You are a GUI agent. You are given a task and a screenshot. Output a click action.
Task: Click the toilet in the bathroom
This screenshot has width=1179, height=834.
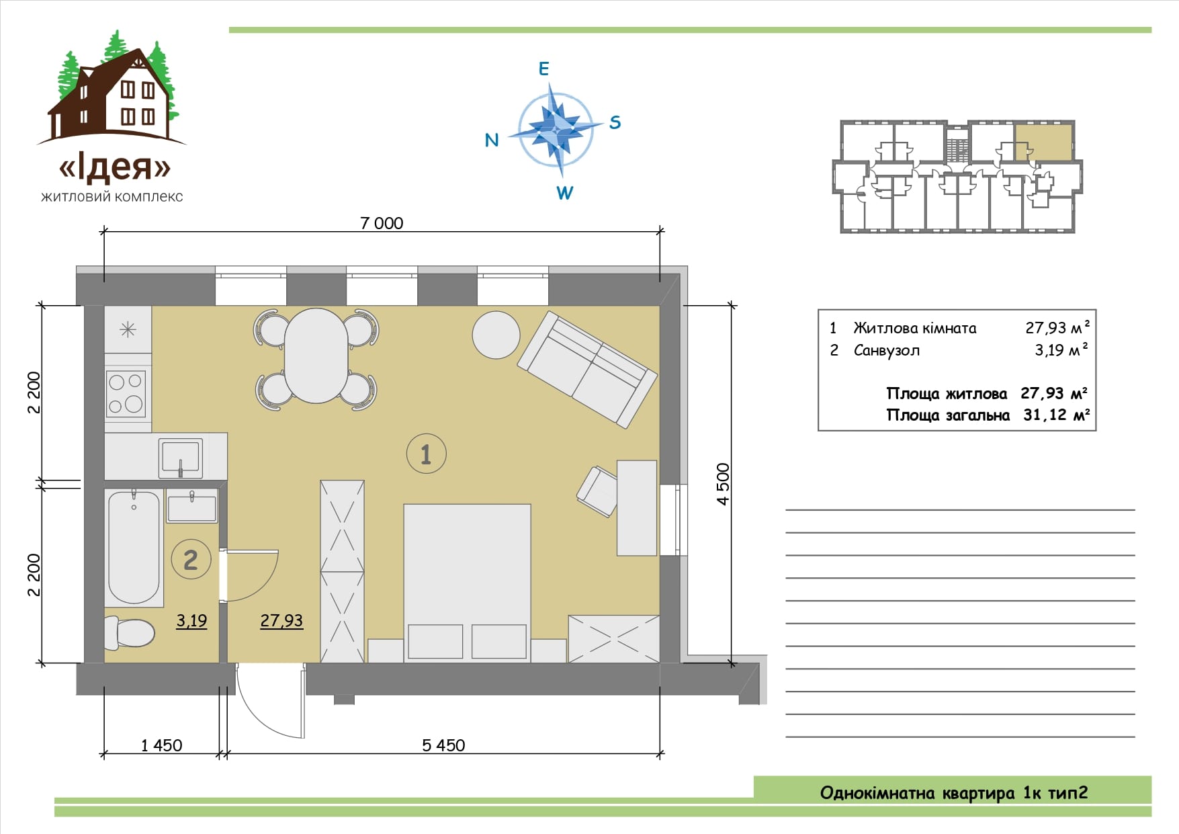tap(129, 633)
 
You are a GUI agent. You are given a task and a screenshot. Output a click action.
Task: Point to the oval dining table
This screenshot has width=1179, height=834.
tap(316, 355)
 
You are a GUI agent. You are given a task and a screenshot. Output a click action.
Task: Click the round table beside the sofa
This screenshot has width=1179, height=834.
tap(496, 335)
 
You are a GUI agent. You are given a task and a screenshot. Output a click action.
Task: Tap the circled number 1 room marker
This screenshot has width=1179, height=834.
tap(426, 454)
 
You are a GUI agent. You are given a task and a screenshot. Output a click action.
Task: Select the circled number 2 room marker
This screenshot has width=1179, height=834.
tap(191, 559)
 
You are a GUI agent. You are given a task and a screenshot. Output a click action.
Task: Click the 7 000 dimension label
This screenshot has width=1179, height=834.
tap(382, 223)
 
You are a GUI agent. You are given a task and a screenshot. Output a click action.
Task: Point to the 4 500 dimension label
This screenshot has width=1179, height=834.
tap(723, 484)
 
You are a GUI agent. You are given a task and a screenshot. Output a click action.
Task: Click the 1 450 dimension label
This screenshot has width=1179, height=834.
tap(161, 745)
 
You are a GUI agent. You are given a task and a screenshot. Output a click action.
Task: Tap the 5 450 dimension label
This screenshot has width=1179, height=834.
tap(443, 745)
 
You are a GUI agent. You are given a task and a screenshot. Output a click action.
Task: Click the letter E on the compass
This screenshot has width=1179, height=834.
tap(544, 69)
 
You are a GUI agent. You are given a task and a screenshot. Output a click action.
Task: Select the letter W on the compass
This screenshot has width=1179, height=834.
tap(564, 193)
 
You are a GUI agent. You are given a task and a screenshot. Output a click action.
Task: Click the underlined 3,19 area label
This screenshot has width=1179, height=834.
tap(191, 621)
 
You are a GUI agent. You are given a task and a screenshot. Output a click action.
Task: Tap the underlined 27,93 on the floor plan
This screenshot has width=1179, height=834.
tap(281, 621)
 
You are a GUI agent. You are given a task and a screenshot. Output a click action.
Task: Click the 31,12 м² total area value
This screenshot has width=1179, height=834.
tap(1056, 415)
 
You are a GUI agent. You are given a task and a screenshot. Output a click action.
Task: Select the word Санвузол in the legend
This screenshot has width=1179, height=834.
tap(886, 350)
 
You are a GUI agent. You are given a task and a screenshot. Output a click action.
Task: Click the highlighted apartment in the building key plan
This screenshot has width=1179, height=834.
tap(1043, 142)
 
